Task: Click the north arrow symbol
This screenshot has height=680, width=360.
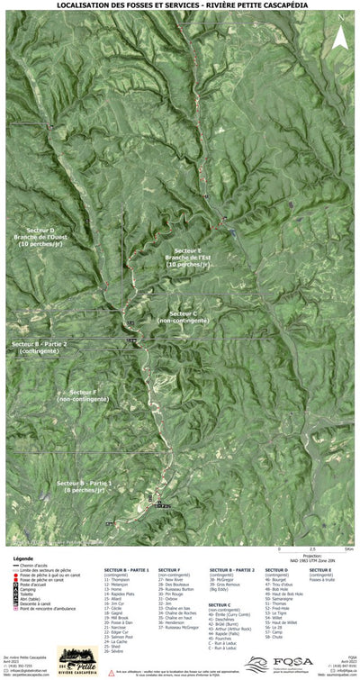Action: pyautogui.click(x=340, y=37)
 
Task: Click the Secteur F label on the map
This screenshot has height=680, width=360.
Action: pyautogui.click(x=82, y=396)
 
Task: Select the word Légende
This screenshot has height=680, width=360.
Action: pyautogui.click(x=23, y=558)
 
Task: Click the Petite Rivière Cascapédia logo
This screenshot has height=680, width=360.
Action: pyautogui.click(x=76, y=658)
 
